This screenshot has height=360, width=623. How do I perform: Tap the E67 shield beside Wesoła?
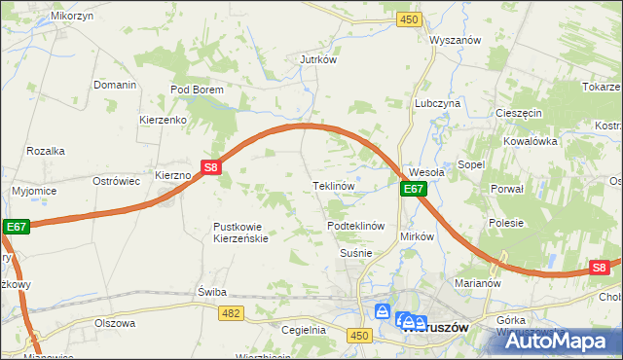413,189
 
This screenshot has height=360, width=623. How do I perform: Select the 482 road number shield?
231,312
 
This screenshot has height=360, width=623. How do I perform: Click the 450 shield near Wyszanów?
409,19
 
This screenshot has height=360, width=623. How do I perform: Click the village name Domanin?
114,85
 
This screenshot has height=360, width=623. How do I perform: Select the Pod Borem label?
197,90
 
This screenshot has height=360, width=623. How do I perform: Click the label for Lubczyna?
437,102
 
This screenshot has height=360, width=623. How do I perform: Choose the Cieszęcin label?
518,113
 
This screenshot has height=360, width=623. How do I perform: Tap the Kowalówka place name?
530,140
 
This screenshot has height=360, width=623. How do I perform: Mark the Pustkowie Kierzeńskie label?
240,233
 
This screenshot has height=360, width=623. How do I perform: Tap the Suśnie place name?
356,253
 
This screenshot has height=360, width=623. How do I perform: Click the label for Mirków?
416,236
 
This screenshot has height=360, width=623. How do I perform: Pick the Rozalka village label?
46,151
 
